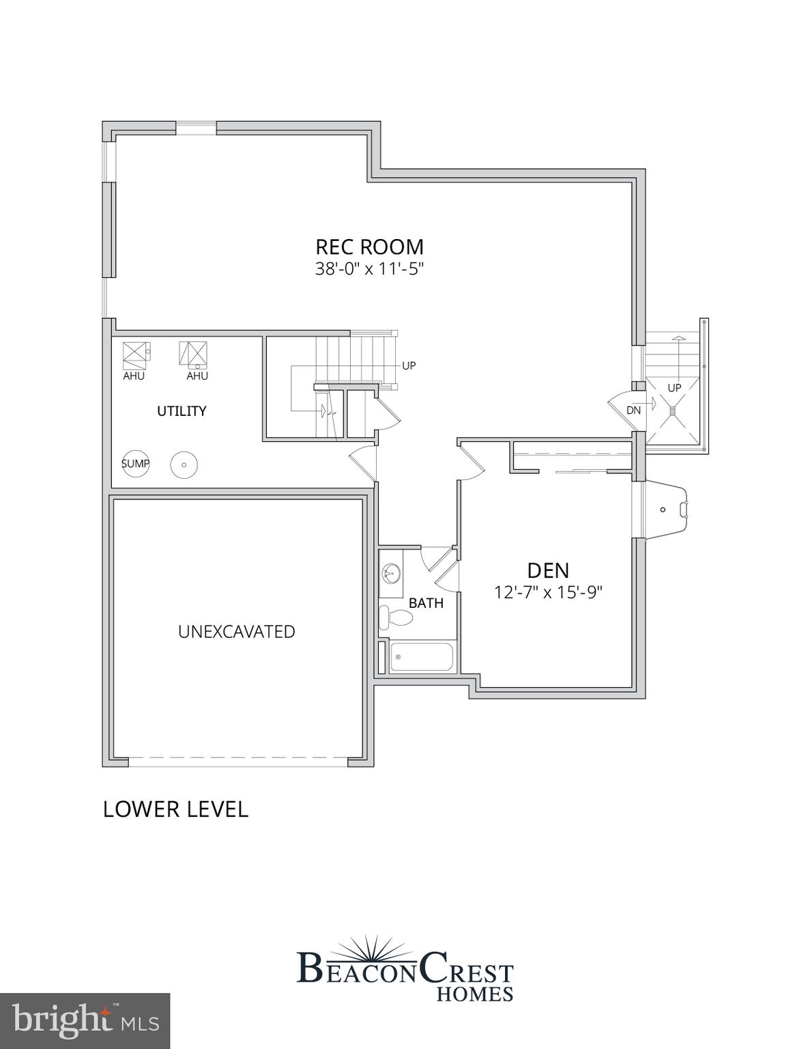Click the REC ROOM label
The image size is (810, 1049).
click(369, 247)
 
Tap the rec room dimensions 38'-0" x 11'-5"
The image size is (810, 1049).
click(369, 268)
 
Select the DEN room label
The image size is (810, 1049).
click(548, 570)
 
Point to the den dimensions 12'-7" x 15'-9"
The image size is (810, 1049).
click(548, 591)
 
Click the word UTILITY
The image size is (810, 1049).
click(182, 411)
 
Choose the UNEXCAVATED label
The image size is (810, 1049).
click(236, 632)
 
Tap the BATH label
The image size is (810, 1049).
click(426, 603)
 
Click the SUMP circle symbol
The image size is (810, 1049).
click(135, 464)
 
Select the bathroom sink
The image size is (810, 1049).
click(391, 572)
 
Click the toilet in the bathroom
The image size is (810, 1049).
click(396, 617)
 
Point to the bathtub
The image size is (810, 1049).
click(422, 658)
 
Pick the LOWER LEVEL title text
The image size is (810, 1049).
click(175, 809)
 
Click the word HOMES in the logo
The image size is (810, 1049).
click(475, 993)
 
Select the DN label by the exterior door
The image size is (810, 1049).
click(633, 410)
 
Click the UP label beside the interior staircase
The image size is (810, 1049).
click(409, 365)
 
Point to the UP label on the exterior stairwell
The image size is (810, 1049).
click(674, 388)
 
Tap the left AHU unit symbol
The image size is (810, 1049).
click(136, 352)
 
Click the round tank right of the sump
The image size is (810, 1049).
click(184, 465)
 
